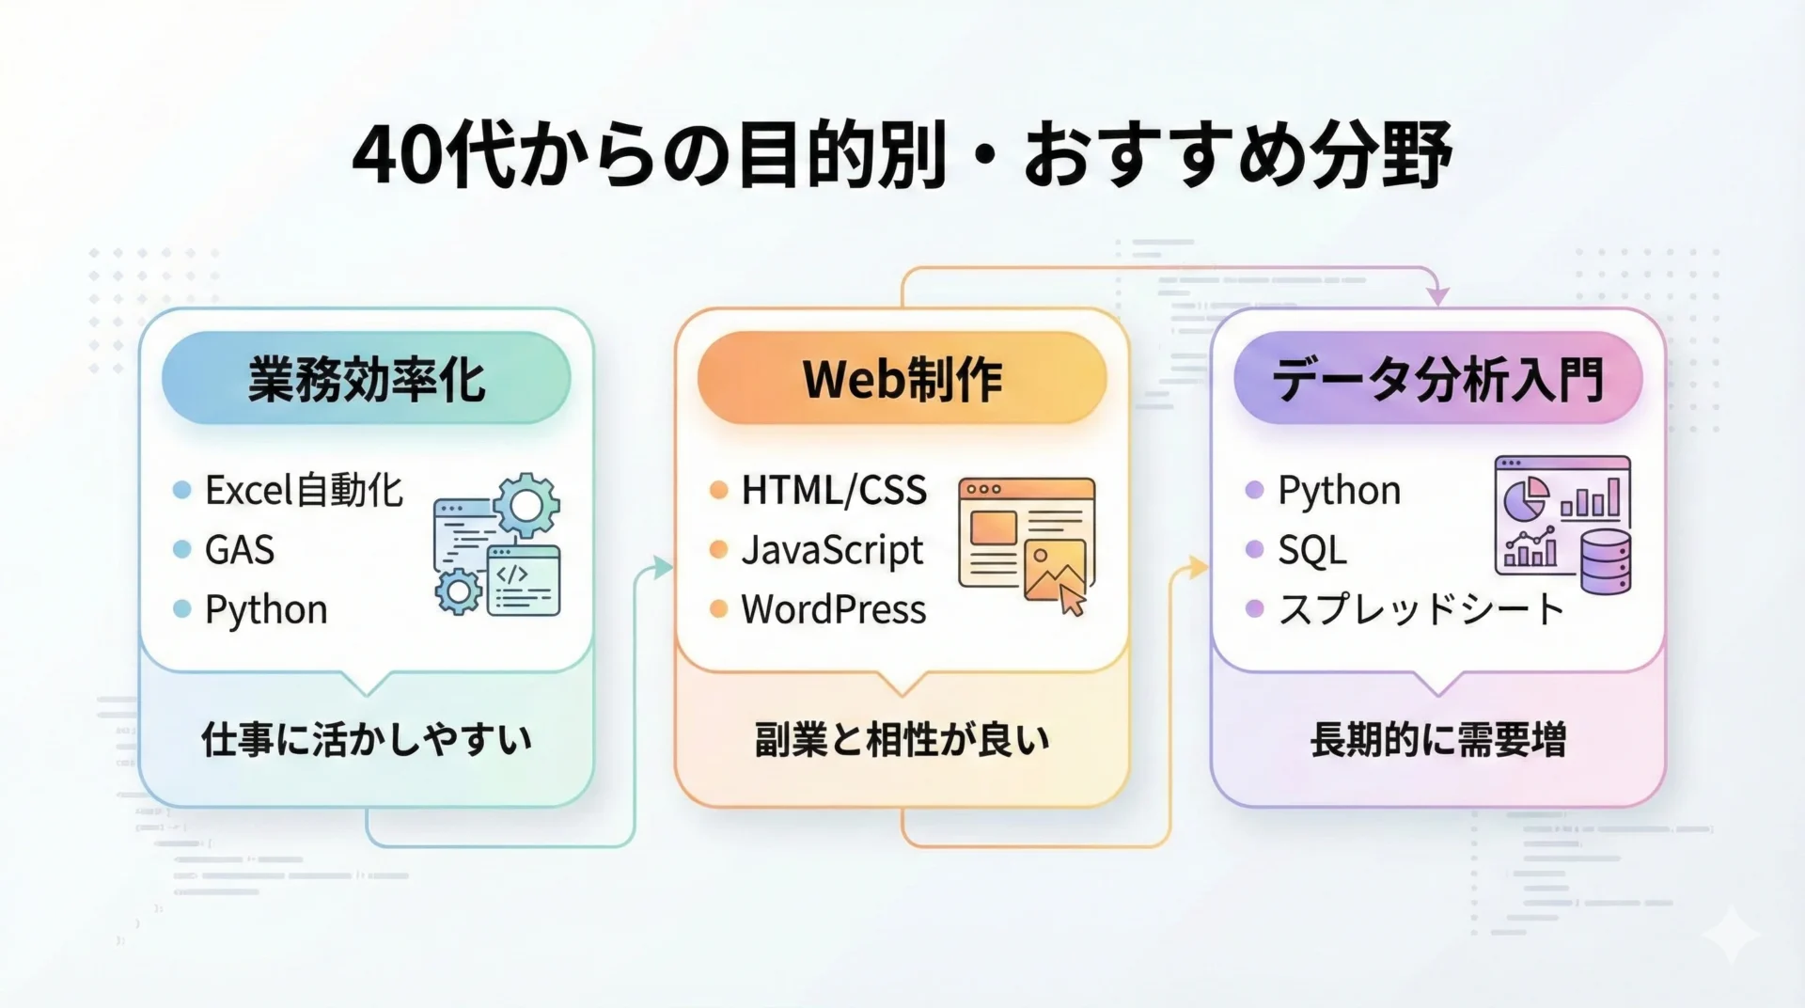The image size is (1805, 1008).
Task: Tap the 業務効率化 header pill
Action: pos(366,378)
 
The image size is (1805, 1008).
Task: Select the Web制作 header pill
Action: pos(902,378)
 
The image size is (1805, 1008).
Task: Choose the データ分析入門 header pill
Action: pos(1437,378)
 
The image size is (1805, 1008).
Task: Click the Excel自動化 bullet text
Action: pos(304,490)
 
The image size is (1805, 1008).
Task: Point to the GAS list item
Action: pos(240,550)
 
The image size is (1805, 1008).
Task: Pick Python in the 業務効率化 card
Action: pos(266,610)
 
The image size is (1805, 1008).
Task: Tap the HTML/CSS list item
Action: pos(834,490)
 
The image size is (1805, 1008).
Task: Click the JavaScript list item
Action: pos(832,550)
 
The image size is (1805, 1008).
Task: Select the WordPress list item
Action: pos(833,609)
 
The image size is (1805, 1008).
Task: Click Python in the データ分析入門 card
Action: pos(1340,491)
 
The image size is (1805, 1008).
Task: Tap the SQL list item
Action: pos(1312,550)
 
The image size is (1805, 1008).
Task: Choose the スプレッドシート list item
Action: pos(1421,609)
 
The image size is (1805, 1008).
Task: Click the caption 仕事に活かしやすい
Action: pos(367,740)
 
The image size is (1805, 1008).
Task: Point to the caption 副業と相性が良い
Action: pos(902,740)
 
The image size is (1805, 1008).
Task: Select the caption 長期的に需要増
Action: pos(1438,740)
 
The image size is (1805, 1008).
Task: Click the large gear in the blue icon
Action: pos(526,506)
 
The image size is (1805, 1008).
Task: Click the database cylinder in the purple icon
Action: pos(1606,560)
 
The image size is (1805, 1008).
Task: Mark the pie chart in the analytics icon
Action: pos(1526,498)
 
